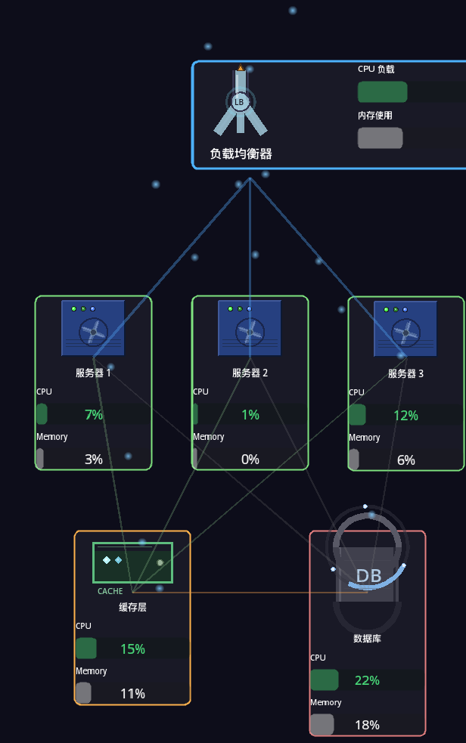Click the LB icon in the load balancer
[240, 101]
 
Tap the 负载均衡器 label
[241, 153]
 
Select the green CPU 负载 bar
[382, 92]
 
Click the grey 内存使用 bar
[380, 138]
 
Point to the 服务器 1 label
[93, 373]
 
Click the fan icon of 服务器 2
[250, 331]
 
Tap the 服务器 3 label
[405, 373]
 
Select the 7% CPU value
[94, 414]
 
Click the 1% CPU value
[250, 414]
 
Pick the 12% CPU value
[405, 415]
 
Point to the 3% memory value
[94, 459]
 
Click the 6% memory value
[406, 460]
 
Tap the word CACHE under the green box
[110, 591]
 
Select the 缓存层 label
[132, 606]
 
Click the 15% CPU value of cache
[132, 649]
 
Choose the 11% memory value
[132, 693]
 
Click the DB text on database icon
[369, 575]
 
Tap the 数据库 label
[367, 638]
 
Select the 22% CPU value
[367, 680]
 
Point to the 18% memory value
[367, 725]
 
